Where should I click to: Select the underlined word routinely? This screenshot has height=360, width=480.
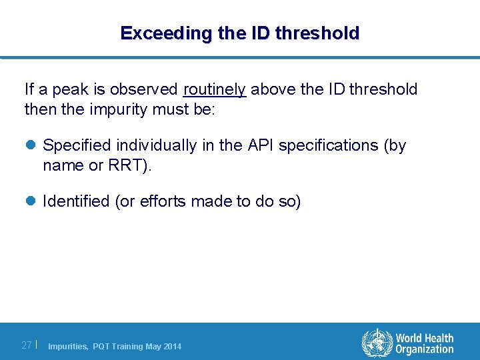[x=215, y=89]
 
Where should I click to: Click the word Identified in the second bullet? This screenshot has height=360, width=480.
[x=76, y=202]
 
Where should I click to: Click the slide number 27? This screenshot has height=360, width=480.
[x=27, y=345]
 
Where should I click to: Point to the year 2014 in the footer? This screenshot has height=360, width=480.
[x=172, y=347]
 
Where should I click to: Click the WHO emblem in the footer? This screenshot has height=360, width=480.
[x=377, y=344]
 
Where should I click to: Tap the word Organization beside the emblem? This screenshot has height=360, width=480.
[x=424, y=350]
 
